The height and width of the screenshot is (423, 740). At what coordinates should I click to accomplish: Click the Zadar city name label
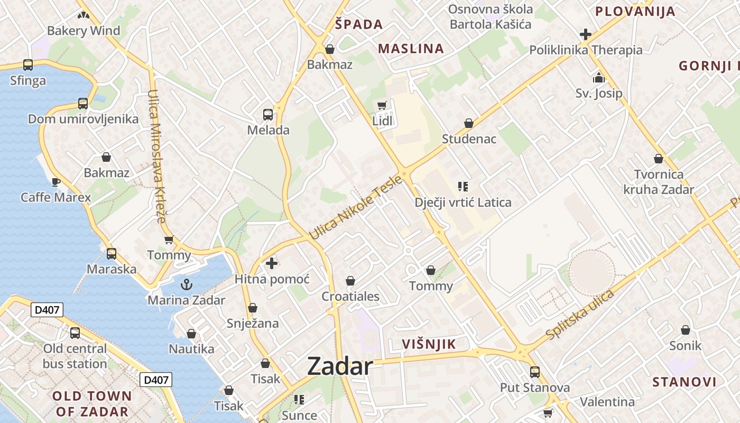(340, 366)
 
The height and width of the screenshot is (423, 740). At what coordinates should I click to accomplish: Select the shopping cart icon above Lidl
(382, 106)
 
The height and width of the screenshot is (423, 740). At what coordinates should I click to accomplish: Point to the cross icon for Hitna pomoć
(272, 263)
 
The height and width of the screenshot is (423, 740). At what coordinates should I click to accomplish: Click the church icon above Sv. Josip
(599, 78)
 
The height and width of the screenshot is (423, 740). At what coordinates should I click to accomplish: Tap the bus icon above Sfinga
(28, 65)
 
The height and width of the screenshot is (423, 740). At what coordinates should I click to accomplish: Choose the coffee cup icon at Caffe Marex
(55, 182)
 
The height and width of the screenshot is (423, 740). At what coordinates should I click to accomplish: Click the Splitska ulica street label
(580, 315)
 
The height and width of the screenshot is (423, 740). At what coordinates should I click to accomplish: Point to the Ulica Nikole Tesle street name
(355, 207)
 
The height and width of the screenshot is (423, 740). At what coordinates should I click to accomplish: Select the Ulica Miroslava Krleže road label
(158, 156)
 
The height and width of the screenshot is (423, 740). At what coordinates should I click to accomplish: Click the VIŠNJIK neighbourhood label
(429, 345)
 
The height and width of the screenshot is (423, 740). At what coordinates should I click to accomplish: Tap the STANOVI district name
(684, 382)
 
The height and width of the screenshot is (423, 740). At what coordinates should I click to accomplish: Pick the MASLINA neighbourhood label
(411, 49)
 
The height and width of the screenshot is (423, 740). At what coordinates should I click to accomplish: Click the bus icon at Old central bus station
(75, 333)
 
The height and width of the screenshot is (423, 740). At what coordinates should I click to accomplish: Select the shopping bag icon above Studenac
(469, 123)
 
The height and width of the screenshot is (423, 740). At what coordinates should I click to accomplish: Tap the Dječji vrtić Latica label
(463, 203)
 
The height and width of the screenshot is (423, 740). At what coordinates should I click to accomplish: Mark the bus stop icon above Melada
(268, 114)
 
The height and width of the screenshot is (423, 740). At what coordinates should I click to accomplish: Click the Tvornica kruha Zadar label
(659, 181)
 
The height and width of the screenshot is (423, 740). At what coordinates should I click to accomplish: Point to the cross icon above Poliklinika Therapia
(586, 34)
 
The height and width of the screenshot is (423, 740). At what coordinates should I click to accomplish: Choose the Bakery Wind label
(84, 31)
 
